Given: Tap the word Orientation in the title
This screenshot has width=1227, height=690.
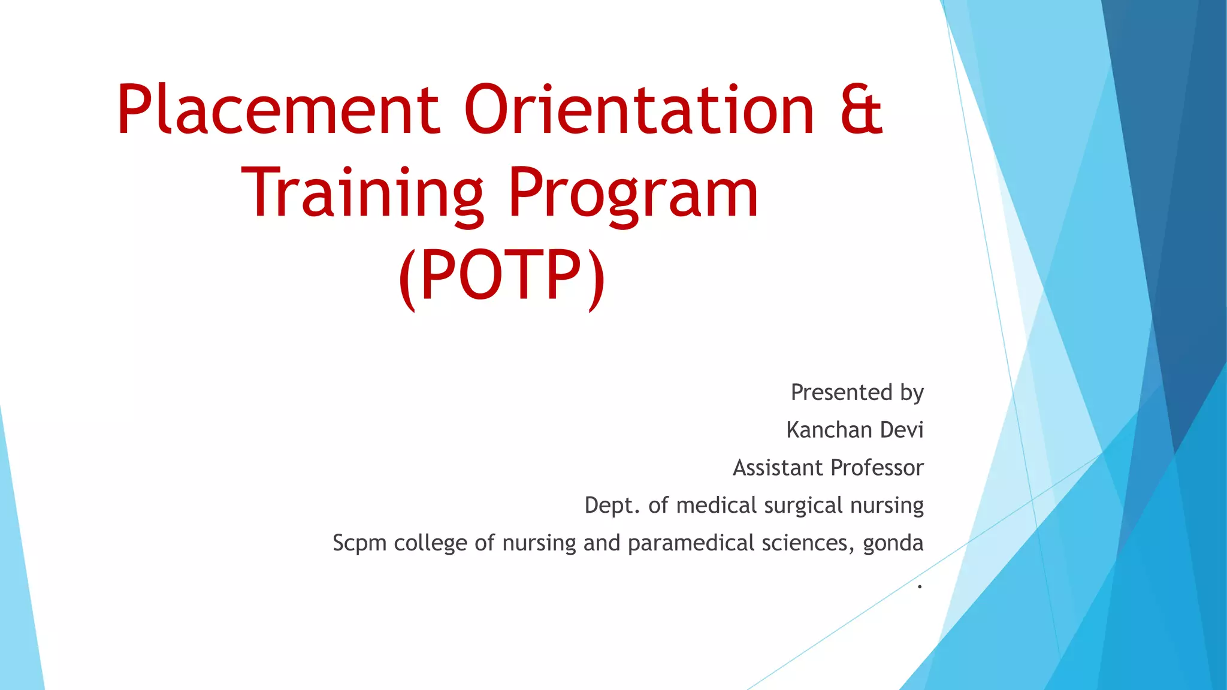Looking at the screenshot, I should click(x=639, y=111).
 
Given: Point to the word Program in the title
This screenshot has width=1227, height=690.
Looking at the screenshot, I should click(x=633, y=194).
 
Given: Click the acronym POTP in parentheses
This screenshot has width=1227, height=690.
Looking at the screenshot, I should click(x=501, y=276).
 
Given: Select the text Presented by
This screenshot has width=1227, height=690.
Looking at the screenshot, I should click(x=857, y=392).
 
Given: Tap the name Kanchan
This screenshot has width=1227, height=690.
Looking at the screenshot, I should click(x=829, y=430).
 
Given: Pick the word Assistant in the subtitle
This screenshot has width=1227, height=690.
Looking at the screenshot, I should click(x=778, y=468).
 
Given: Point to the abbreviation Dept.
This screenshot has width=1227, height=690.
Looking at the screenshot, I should click(x=612, y=506).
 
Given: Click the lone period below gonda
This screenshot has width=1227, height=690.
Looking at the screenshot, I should click(x=919, y=586).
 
